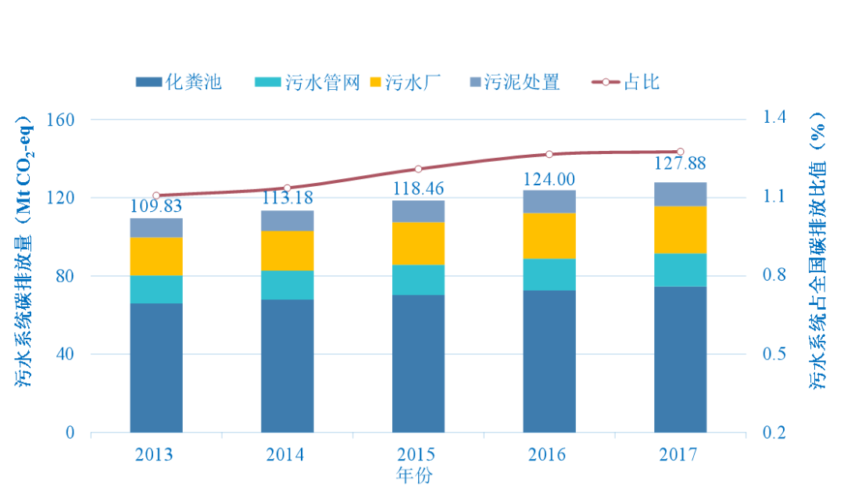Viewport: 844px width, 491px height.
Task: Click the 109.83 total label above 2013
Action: tap(156, 207)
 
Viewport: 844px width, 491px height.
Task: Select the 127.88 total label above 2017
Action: tap(680, 163)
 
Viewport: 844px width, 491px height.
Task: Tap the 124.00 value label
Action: tap(549, 178)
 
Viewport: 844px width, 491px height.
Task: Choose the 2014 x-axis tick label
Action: tap(285, 454)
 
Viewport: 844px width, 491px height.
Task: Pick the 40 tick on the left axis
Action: tap(65, 354)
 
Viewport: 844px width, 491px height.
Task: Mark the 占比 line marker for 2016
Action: tap(549, 154)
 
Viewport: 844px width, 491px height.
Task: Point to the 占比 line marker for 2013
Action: tap(156, 195)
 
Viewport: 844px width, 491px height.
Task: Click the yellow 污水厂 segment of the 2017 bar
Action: tap(680, 230)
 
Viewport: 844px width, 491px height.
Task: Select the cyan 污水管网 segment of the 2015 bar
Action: tap(418, 280)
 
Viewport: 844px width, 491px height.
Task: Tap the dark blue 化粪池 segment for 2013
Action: tap(156, 367)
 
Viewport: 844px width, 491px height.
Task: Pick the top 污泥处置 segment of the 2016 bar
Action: tap(549, 201)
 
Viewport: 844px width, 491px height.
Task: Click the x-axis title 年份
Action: tap(414, 475)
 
